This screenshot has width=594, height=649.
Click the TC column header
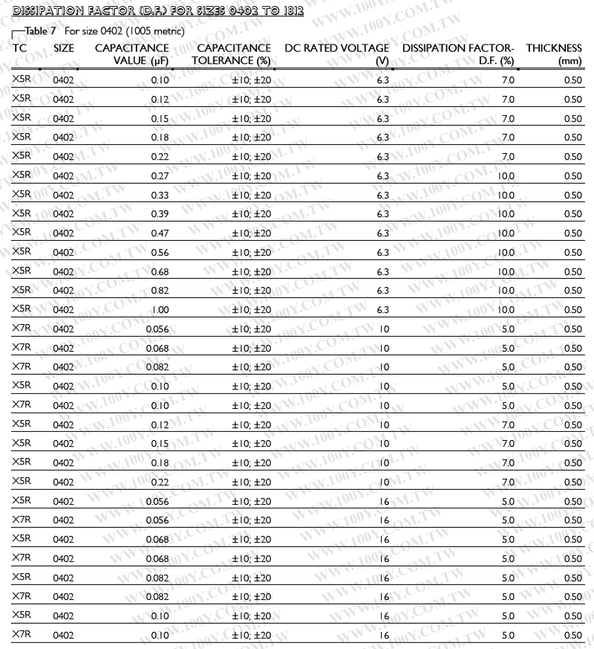click(19, 48)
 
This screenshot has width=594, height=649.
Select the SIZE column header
click(64, 48)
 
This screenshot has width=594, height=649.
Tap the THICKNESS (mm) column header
click(554, 54)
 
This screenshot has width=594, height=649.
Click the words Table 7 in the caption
click(42, 31)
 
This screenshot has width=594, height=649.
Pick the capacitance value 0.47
click(160, 233)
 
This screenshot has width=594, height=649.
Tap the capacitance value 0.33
click(160, 196)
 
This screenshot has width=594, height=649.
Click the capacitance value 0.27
click(160, 176)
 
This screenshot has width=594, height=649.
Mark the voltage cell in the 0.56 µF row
click(383, 253)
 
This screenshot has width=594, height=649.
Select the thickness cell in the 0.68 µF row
click(572, 271)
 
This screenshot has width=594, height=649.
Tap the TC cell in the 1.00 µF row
click(22, 309)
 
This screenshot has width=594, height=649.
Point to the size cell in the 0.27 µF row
click(64, 176)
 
